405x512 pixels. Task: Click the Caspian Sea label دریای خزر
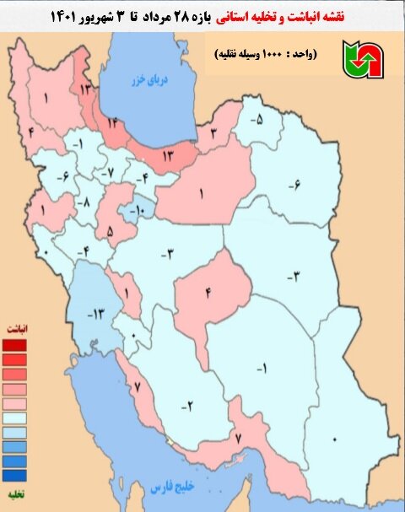pos(144,80)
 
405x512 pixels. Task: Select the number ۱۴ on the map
pos(114,122)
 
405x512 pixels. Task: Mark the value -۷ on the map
pos(105,173)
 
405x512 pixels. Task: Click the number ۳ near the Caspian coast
pos(214,134)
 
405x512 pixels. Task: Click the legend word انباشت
pos(16,326)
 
